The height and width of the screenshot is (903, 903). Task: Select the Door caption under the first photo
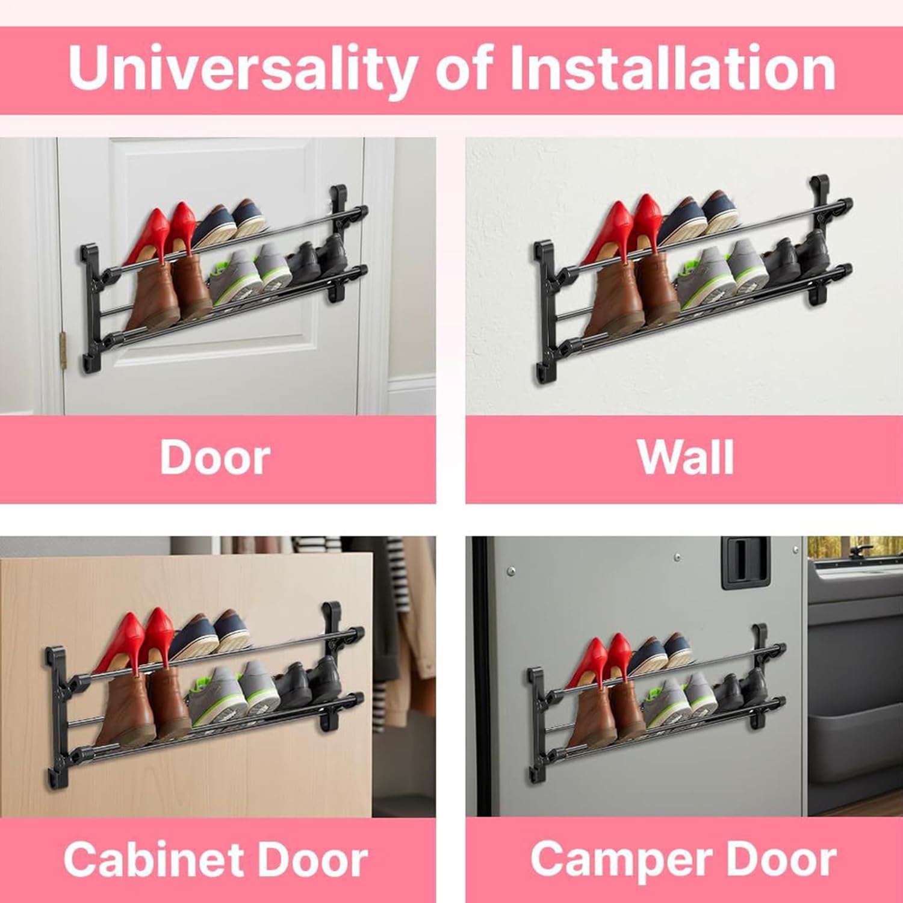tap(215, 459)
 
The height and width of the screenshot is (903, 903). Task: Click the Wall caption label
tap(686, 459)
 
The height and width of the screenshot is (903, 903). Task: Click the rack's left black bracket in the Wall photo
tap(544, 313)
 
